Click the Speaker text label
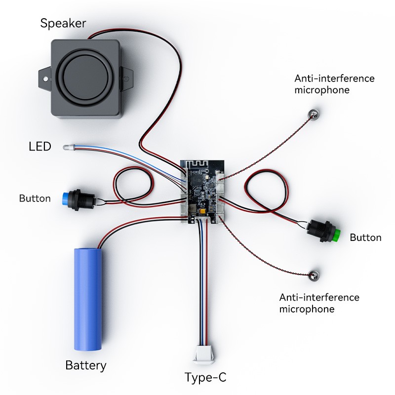63,23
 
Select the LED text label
39,147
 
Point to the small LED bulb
68,147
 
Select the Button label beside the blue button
35,198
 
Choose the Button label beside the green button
365,237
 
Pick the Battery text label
85,366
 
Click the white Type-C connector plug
204,354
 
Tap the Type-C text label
205,378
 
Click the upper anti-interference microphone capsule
313,115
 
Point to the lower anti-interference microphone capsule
313,277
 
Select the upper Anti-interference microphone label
334,84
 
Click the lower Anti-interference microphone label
319,303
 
